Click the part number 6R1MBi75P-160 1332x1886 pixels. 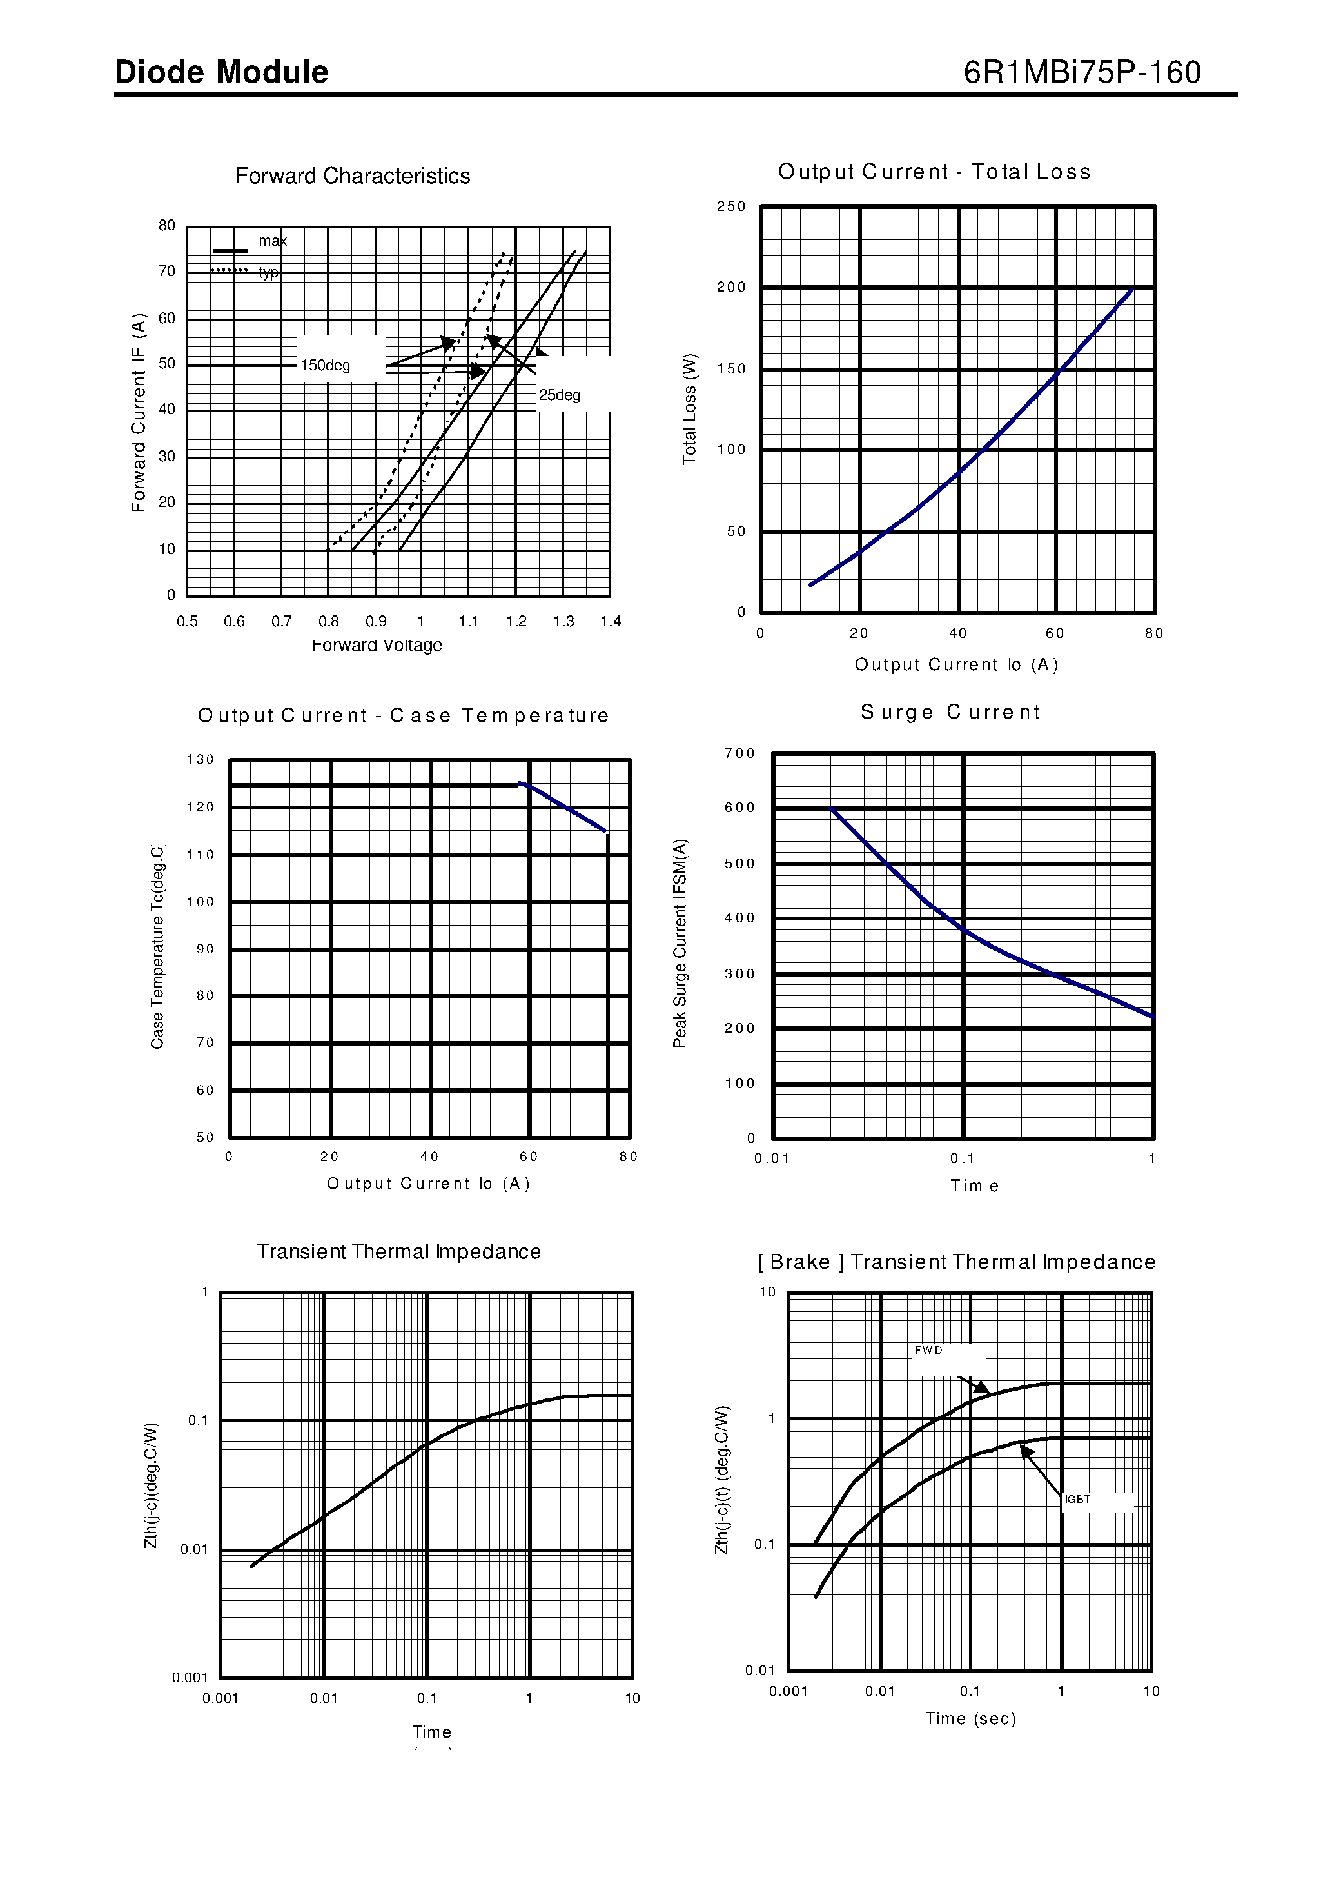click(x=1082, y=73)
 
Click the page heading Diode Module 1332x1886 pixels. click(x=222, y=73)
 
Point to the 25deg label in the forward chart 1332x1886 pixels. click(x=559, y=395)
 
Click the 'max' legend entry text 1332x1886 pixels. click(x=273, y=241)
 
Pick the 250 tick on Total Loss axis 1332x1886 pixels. click(x=731, y=206)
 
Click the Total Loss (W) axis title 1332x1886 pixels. click(x=690, y=409)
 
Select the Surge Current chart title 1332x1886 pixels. click(x=950, y=712)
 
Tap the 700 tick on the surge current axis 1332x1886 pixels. click(x=739, y=753)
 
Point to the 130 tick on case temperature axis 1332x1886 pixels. click(x=201, y=760)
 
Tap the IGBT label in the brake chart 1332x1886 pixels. click(x=1077, y=1499)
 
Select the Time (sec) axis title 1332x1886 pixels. click(x=971, y=1718)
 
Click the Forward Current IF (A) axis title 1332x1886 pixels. click(x=139, y=412)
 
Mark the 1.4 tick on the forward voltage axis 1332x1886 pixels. click(x=610, y=622)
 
